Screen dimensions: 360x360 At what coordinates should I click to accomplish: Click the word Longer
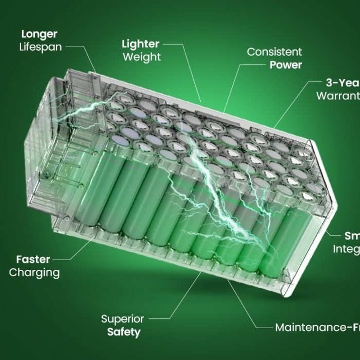pyautogui.click(x=39, y=34)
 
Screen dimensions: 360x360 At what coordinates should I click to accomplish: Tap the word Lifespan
pyautogui.click(x=41, y=47)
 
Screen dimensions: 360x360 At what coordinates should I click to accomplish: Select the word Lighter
pyautogui.click(x=140, y=44)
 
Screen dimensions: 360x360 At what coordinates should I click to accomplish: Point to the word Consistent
pyautogui.click(x=274, y=52)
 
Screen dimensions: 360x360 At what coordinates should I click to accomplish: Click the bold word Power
pyautogui.click(x=285, y=65)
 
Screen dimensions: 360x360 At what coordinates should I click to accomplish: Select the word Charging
pyautogui.click(x=34, y=272)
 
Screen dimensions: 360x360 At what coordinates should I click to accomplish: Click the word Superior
pyautogui.click(x=122, y=319)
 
